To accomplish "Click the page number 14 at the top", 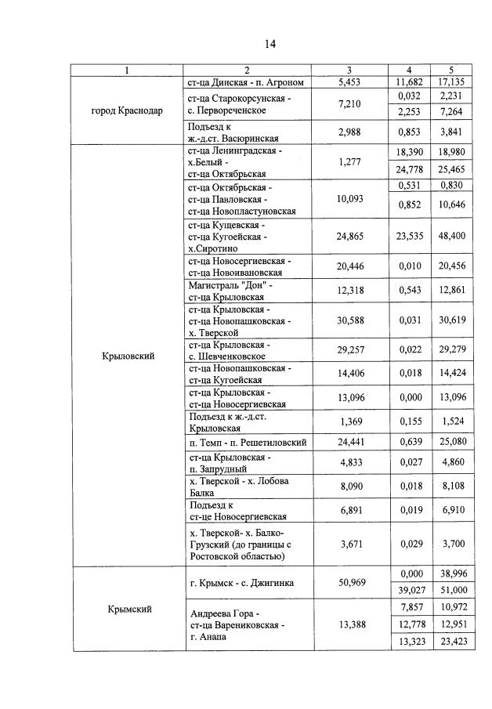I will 270,43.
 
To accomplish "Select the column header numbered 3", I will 349,71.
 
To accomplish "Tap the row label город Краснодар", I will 127,110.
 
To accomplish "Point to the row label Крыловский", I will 128,356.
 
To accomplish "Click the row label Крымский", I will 127,608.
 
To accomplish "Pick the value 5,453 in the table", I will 349,82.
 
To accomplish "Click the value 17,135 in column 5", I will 453,82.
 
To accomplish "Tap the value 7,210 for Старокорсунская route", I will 349,104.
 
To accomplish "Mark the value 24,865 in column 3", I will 349,234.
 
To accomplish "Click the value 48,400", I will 453,234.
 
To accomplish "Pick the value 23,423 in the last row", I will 453,642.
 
